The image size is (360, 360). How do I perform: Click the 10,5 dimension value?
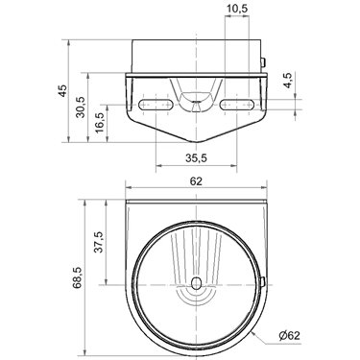[237, 9]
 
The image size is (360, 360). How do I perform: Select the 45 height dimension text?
[62, 90]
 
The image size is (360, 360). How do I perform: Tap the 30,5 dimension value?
[81, 108]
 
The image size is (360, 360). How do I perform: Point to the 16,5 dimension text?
[100, 123]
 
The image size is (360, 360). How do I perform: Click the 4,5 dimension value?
[287, 80]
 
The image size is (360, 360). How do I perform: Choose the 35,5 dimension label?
[196, 157]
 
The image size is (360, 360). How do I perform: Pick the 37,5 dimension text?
[99, 242]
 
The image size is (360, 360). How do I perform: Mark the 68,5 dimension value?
[78, 277]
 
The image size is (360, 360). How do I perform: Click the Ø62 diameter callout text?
[289, 336]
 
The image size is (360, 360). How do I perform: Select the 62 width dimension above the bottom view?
[196, 181]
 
